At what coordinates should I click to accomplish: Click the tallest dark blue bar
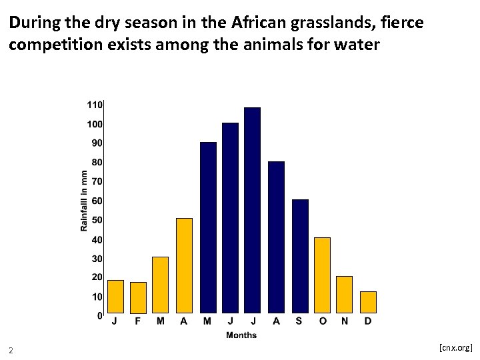pos(252,210)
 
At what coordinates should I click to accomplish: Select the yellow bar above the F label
pos(138,297)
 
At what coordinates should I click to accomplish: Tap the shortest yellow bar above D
pos(368,302)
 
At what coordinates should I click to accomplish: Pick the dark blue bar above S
pos(300,256)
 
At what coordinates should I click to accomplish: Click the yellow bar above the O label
pos(322,275)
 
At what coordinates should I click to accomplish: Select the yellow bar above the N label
pos(344,294)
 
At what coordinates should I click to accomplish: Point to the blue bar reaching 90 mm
pos(208,227)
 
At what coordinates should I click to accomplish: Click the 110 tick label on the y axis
pos(94,105)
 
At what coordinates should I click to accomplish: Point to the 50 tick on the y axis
pos(97,220)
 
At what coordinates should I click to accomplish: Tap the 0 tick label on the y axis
pos(99,316)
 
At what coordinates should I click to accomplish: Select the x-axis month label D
pos(368,322)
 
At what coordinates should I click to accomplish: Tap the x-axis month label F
pos(138,322)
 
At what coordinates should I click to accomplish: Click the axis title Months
pos(241,335)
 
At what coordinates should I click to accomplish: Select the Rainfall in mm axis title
pos(84,201)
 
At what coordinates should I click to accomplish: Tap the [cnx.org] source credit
pos(455,347)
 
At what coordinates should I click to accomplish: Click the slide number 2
pos(11,351)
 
